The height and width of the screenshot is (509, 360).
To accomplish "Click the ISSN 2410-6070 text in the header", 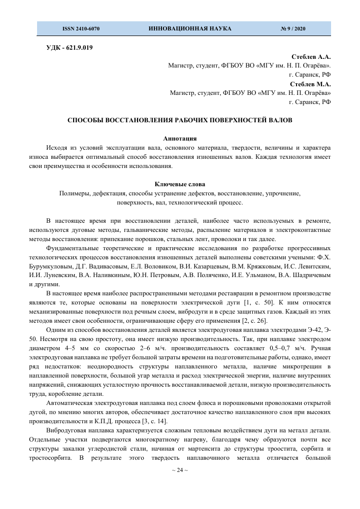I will point(81,29).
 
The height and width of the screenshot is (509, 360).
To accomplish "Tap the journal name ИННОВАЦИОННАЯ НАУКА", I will point(190,29).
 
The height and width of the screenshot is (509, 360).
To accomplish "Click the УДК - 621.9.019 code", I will point(69,48).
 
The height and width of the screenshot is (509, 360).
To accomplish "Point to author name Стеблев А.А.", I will point(311,56).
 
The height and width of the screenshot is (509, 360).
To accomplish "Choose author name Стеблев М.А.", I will point(310,84).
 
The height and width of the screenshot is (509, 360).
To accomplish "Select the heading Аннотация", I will point(180,139).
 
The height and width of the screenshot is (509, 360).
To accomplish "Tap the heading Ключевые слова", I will point(180,184).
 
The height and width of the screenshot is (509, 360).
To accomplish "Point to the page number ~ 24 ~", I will point(180,470).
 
